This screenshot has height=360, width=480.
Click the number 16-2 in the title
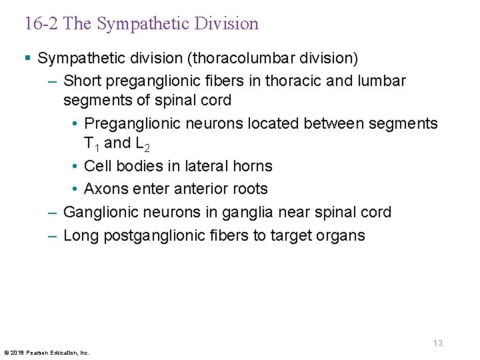42,24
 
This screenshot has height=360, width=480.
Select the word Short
81,81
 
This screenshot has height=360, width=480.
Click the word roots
250,189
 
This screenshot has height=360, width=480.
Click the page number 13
437,343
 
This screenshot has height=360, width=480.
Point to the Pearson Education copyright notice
47,352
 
